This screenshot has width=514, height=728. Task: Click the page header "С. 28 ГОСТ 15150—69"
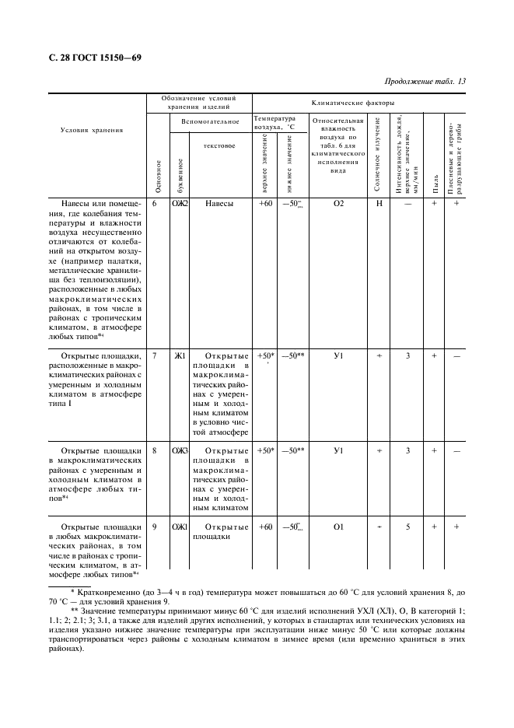point(96,57)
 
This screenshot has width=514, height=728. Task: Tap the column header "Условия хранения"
point(92,130)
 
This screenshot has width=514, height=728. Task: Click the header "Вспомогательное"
point(209,122)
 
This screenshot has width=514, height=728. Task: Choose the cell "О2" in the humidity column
point(338,204)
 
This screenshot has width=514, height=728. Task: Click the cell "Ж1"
point(180,356)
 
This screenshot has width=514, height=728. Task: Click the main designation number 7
point(155,356)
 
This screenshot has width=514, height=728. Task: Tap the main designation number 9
point(155,527)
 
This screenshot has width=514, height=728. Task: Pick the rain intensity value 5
point(407,527)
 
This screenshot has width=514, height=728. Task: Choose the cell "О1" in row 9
point(338,527)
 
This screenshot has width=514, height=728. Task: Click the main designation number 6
point(155,204)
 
